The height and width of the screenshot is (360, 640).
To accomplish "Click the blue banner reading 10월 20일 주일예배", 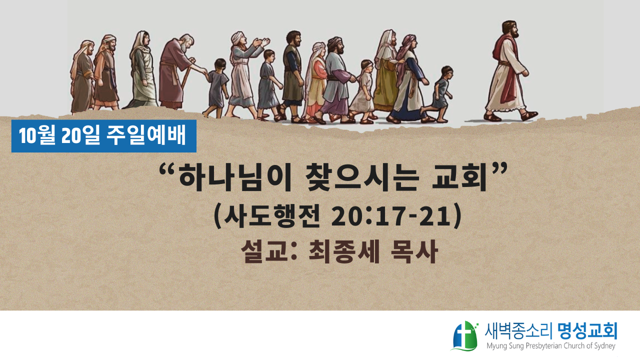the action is pyautogui.click(x=103, y=136).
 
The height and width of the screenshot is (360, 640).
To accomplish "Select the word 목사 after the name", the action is pyautogui.click(x=414, y=252).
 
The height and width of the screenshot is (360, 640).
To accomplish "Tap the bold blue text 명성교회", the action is pyautogui.click(x=587, y=331).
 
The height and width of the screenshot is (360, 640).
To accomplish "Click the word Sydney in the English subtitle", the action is pyautogui.click(x=604, y=346).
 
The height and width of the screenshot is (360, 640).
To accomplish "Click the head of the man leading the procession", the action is pyautogui.click(x=510, y=29).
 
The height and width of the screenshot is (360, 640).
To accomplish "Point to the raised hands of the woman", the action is pyautogui.click(x=261, y=43).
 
